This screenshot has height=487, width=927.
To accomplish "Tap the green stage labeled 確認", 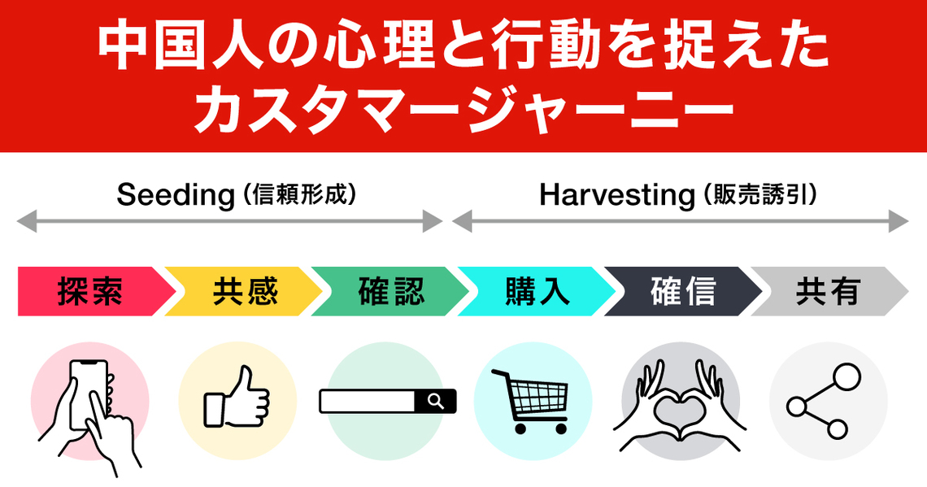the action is [391, 291].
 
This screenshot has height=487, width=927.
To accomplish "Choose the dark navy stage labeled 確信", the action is [684, 291].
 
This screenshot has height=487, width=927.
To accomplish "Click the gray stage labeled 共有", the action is [828, 291].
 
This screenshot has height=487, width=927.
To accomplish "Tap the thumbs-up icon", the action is [237, 398].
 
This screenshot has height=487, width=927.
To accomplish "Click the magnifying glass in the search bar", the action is [436, 402].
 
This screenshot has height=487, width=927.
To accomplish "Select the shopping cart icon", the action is [530, 402].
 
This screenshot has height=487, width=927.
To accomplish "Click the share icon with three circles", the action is [824, 402].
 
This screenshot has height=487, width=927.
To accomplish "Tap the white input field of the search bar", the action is [367, 402].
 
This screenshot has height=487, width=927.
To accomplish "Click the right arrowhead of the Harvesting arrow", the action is [899, 222].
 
